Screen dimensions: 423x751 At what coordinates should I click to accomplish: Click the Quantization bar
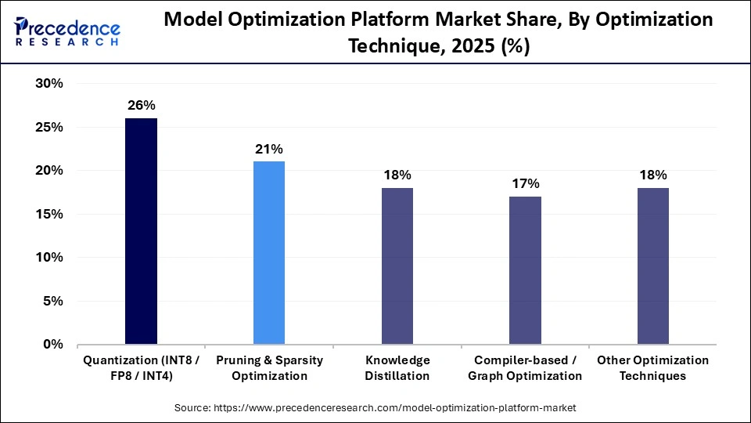tap(141, 231)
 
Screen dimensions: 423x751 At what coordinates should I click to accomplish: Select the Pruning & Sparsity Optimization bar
tap(269, 252)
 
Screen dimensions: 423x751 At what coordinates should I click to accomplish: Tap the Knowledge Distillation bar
tap(397, 266)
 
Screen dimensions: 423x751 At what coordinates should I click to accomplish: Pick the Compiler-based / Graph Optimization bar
tap(525, 269)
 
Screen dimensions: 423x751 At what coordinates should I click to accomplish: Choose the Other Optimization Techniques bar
tap(653, 266)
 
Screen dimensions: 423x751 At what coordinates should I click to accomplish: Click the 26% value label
tap(141, 105)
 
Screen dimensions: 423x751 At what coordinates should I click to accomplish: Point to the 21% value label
tap(269, 149)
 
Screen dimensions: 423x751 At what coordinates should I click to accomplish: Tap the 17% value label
tap(525, 183)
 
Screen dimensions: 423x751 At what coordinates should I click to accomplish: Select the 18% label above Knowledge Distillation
tap(397, 175)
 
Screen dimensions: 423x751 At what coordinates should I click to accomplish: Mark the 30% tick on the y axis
tap(48, 84)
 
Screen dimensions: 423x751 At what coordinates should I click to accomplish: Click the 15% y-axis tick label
tap(48, 214)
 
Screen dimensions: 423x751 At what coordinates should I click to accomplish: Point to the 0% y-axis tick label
tap(52, 344)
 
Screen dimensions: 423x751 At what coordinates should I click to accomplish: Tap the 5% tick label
tap(52, 301)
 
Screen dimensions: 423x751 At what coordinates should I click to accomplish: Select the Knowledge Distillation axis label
tap(397, 368)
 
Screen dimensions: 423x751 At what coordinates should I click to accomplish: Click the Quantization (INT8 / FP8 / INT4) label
tap(141, 368)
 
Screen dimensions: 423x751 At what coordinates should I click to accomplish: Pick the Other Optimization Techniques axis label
tap(653, 368)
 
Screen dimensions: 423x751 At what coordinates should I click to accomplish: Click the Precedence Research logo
tap(66, 31)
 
